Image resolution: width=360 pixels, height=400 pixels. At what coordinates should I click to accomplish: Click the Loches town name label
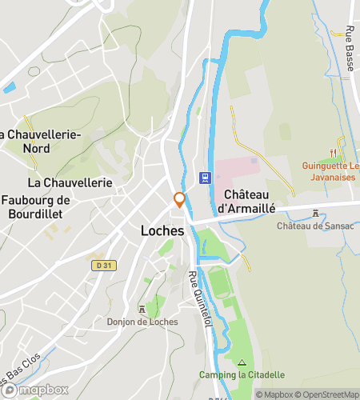[157, 230]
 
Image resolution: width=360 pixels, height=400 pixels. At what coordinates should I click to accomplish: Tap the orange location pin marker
[180, 200]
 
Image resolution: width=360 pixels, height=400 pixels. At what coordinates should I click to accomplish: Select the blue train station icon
[206, 178]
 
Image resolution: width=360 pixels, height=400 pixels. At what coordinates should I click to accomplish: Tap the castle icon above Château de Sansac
[317, 214]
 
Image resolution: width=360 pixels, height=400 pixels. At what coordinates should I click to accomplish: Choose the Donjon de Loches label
[142, 322]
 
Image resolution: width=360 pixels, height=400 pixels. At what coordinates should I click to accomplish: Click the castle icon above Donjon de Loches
[142, 310]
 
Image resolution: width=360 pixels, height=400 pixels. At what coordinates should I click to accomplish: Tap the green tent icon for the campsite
[242, 362]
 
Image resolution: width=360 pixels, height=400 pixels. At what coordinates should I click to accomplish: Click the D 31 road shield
[100, 265]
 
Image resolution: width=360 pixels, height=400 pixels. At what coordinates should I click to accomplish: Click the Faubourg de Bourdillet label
[37, 206]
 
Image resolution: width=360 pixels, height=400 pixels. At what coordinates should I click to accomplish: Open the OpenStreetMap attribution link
[328, 394]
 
